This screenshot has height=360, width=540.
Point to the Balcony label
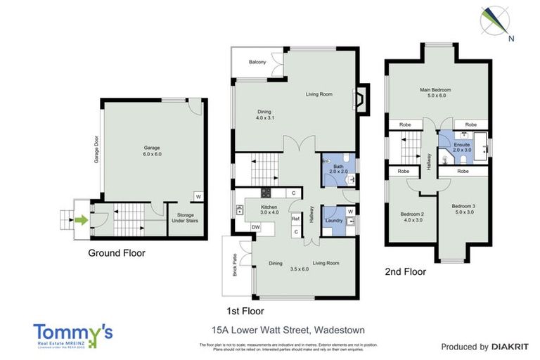click(257, 63)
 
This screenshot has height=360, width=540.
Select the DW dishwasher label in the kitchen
click(256, 227)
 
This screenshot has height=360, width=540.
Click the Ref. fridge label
click(296, 219)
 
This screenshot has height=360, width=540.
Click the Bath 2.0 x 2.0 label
click(338, 169)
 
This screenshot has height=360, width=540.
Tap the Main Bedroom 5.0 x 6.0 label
click(435, 93)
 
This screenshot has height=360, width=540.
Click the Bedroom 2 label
click(412, 217)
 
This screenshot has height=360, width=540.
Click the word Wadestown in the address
click(340, 328)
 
